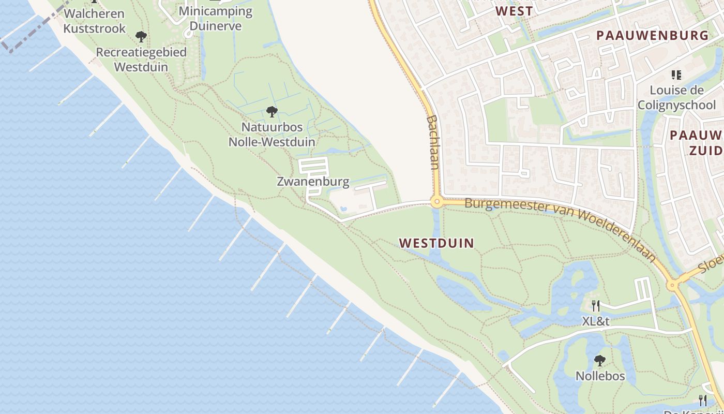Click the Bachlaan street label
[x=433, y=142]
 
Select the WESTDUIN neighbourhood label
[x=436, y=243]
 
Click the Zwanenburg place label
[x=313, y=182]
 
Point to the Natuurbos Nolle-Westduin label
[x=272, y=134]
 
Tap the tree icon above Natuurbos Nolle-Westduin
[x=271, y=111]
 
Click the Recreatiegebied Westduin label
[x=141, y=60]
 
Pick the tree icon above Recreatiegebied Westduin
[x=141, y=37]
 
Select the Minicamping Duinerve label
[x=216, y=18]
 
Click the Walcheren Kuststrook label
[x=94, y=21]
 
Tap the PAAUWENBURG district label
[x=652, y=36]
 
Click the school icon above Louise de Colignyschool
[x=676, y=75]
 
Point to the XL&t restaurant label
[x=596, y=321]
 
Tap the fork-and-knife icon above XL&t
[x=596, y=306]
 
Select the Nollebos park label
[x=600, y=376]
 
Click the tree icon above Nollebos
[x=600, y=360]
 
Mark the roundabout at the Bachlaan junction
[x=438, y=202]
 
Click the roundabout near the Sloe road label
[x=672, y=284]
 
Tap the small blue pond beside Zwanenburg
[x=344, y=209]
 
